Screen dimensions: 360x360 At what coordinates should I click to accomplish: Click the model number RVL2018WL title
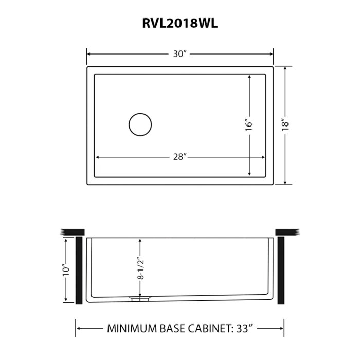pyautogui.click(x=179, y=24)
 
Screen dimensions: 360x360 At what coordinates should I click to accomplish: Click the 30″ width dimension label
pyautogui.click(x=179, y=53)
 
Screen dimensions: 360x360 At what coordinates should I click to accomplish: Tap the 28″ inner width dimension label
pyautogui.click(x=179, y=157)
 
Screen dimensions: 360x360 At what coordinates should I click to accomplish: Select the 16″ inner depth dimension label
pyautogui.click(x=249, y=125)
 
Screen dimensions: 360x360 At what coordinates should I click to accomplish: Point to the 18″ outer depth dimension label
pyautogui.click(x=286, y=125)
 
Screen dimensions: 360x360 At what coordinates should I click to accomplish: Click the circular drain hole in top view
pyautogui.click(x=139, y=125)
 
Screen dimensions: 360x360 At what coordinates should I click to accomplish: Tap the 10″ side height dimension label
pyautogui.click(x=65, y=271)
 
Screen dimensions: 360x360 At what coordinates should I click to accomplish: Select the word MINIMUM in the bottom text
pyautogui.click(x=130, y=327)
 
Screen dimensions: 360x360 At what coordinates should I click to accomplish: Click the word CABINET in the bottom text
pyautogui.click(x=206, y=327)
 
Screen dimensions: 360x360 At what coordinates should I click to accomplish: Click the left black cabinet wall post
pyautogui.click(x=79, y=270)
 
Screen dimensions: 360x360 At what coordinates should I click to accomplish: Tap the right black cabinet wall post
pyautogui.click(x=281, y=270)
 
